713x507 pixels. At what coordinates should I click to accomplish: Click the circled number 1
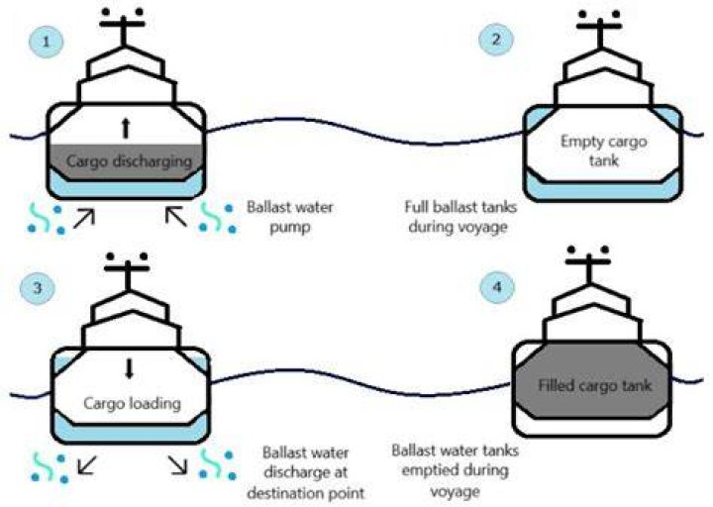46,42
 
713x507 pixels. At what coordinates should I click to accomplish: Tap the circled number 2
496,39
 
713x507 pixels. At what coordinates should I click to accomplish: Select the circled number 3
38,287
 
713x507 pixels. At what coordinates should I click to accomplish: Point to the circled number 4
497,287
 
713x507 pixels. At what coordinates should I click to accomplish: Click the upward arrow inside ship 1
126,128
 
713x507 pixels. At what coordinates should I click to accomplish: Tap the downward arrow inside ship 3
130,368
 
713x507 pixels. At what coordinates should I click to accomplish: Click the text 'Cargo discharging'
129,161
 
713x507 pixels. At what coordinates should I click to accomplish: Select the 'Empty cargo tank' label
603,151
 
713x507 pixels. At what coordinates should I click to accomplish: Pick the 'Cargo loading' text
133,404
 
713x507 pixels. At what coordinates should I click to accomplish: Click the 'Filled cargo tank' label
595,385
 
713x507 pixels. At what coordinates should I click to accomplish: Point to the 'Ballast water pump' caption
290,217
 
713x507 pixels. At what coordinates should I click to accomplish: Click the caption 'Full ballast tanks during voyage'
460,217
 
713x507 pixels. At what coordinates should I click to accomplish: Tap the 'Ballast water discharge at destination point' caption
306,473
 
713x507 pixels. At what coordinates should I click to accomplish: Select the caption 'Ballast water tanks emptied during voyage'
456,470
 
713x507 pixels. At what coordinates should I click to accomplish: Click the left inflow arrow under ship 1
84,217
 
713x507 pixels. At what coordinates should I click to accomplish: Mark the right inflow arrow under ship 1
176,216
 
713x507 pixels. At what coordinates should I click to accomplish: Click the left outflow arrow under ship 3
87,465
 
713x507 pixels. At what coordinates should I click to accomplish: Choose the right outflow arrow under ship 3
178,464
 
